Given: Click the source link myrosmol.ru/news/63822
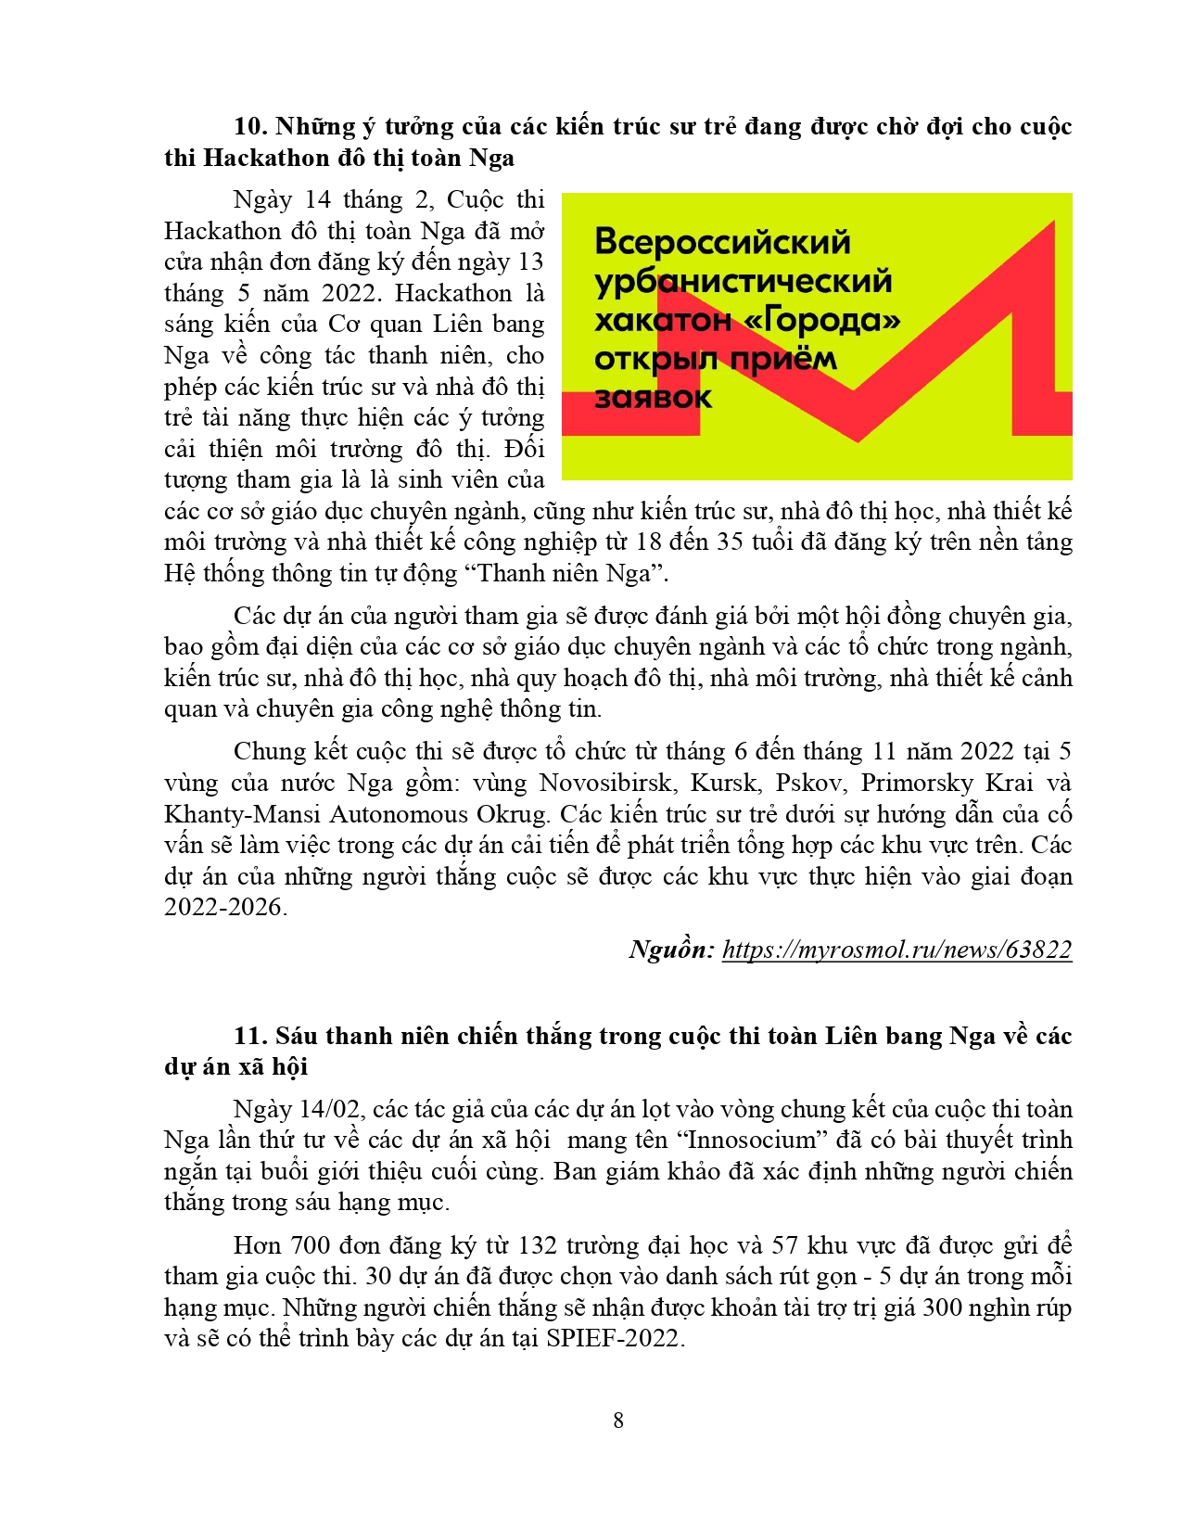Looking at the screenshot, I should click(x=896, y=950).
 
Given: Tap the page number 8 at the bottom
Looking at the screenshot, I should click(x=618, y=1420).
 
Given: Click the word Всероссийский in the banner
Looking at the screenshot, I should click(x=722, y=242).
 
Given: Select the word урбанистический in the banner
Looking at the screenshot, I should click(x=743, y=281).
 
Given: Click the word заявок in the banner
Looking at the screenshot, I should click(x=653, y=398).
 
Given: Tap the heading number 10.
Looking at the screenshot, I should click(x=249, y=127).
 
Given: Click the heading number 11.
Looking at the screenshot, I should click(x=249, y=1036).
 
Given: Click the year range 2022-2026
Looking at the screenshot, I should click(x=225, y=907).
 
